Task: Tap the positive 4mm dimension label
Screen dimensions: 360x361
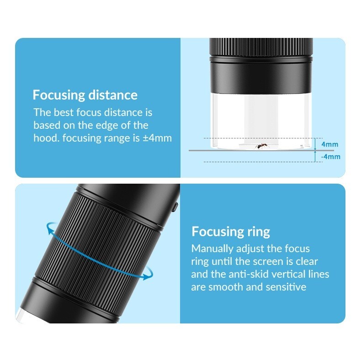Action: click(329, 144)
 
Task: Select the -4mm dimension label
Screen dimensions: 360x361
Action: click(330, 157)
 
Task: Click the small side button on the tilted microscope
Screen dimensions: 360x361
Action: click(175, 207)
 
